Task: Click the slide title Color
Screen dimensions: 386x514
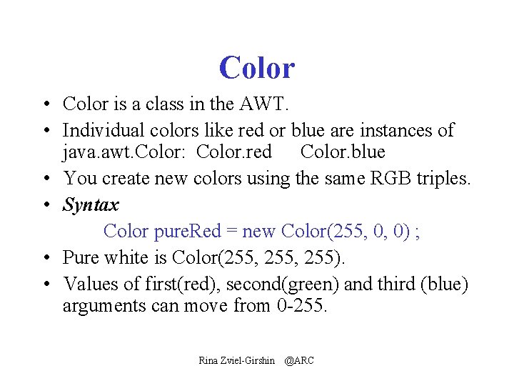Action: pyautogui.click(x=256, y=68)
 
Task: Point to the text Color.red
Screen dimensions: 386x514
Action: pyautogui.click(x=234, y=152)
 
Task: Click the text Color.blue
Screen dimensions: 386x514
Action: pyautogui.click(x=343, y=152)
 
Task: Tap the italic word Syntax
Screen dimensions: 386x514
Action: pyautogui.click(x=91, y=205)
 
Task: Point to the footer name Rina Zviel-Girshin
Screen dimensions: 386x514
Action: pyautogui.click(x=237, y=361)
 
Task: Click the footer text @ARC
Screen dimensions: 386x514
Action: pyautogui.click(x=299, y=361)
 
